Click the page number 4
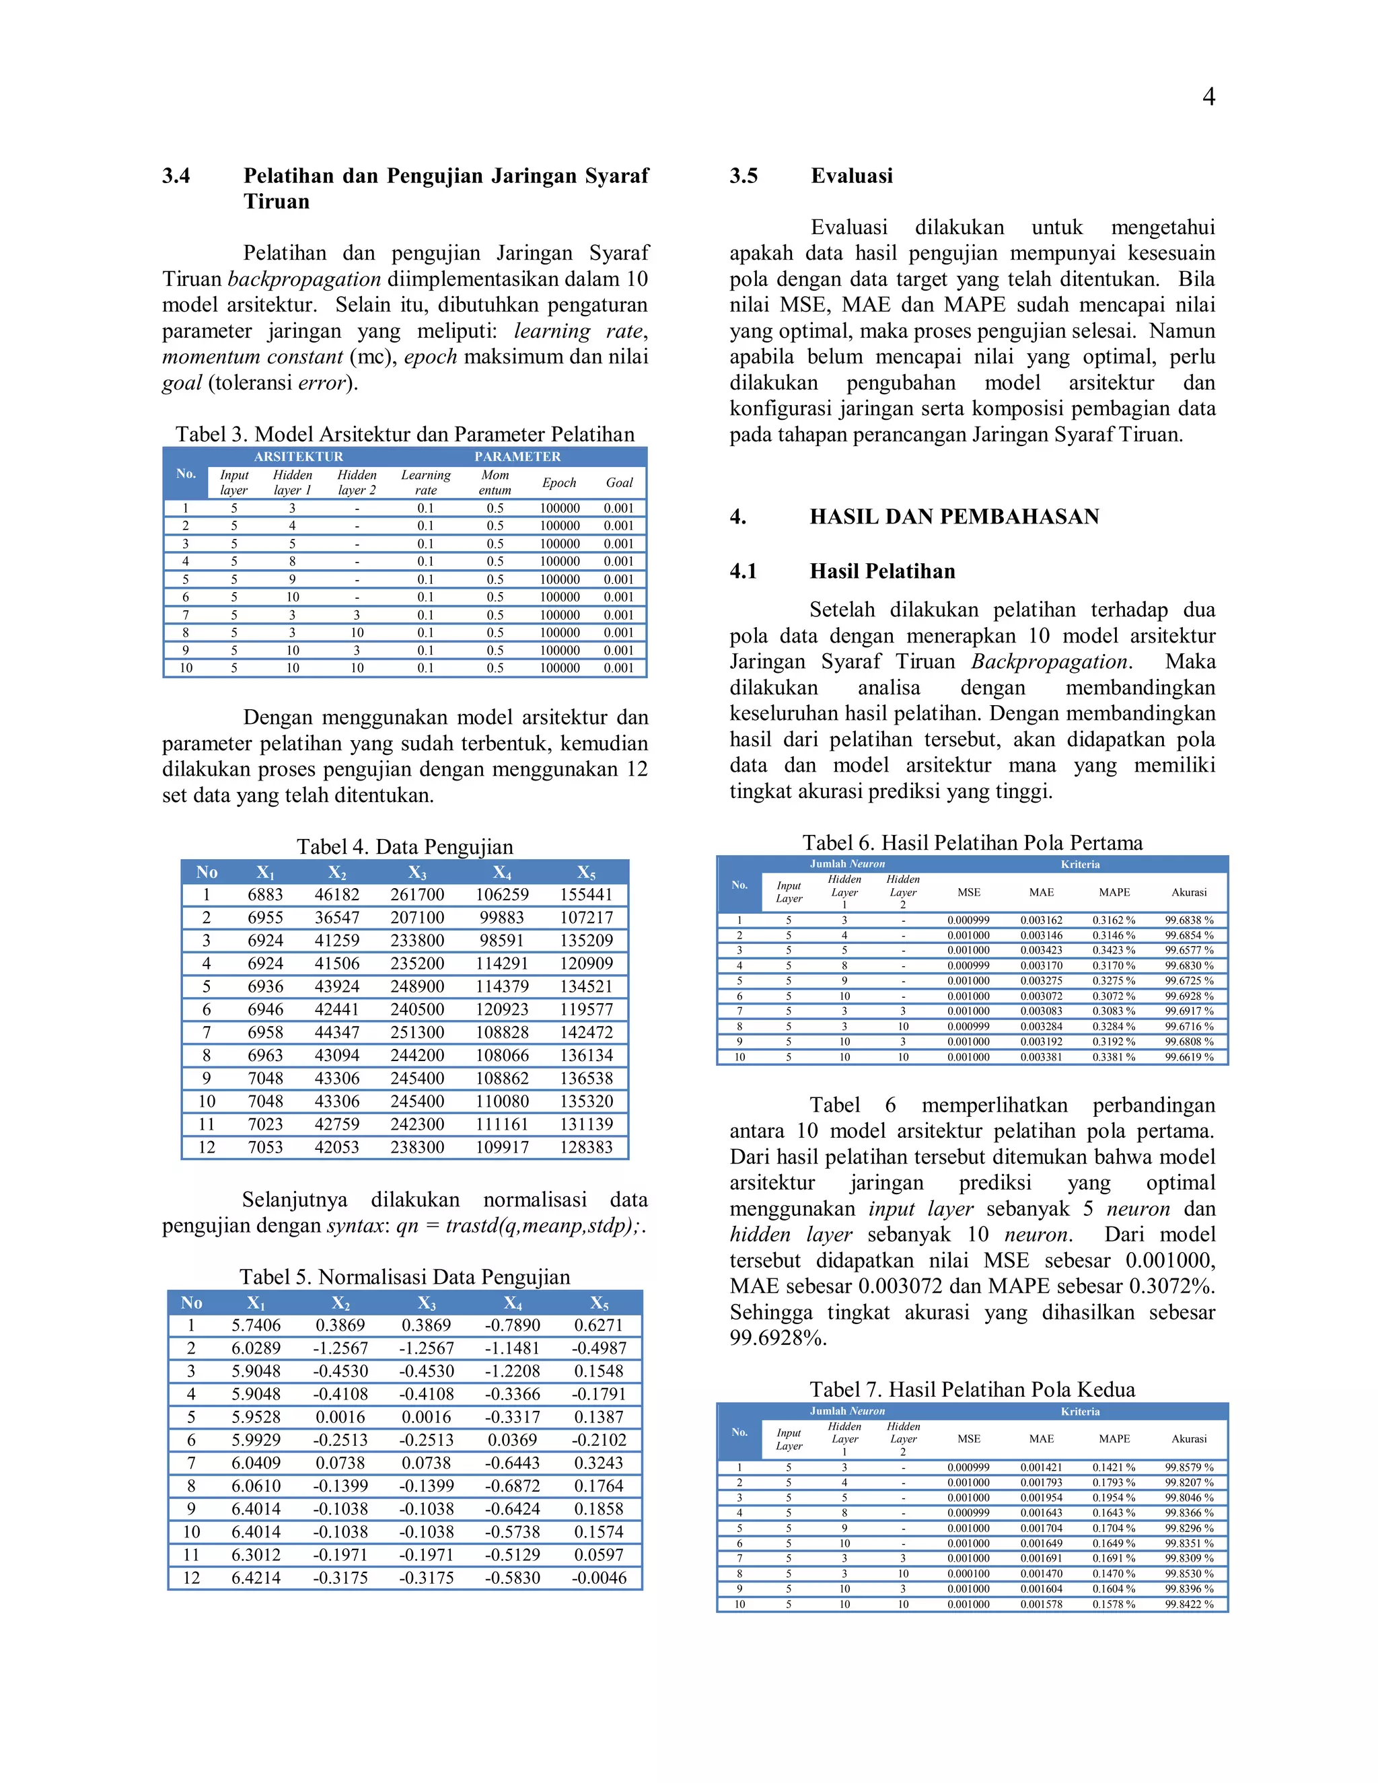coord(1208,97)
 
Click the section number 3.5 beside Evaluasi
coord(743,176)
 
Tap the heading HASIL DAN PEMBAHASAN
coord(953,516)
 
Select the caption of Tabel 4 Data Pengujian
coord(405,846)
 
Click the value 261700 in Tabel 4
coord(417,895)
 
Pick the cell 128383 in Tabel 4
coord(585,1147)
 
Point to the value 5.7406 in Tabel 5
coord(256,1325)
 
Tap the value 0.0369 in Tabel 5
coord(512,1440)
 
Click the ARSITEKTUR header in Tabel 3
coord(298,456)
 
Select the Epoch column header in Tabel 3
coord(559,482)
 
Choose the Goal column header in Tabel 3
coord(619,482)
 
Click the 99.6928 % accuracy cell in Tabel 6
coord(1189,996)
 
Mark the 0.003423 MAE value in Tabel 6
coord(1041,950)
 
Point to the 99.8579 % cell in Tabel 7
coord(1189,1467)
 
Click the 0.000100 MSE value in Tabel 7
coord(968,1573)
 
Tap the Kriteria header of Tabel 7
coord(1080,1411)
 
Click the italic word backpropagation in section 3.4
coord(303,279)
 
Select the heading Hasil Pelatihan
coord(881,571)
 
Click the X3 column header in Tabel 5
coord(426,1303)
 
